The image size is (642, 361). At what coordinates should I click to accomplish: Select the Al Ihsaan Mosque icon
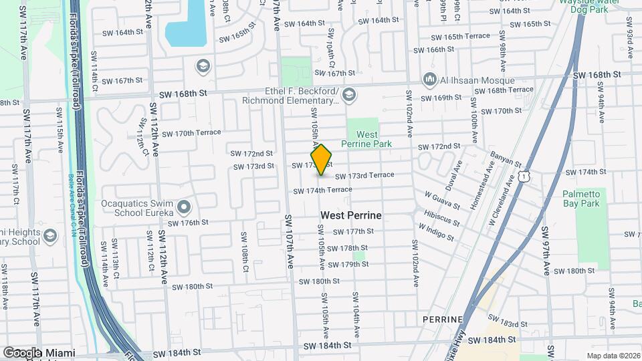click(430, 80)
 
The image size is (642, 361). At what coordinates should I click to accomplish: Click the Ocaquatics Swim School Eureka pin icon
click(185, 205)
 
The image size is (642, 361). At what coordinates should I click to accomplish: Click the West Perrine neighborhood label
click(351, 215)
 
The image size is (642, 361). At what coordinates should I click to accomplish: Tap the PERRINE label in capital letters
click(443, 320)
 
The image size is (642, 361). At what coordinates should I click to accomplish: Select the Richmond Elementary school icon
click(348, 96)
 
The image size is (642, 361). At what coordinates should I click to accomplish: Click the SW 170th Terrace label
click(191, 134)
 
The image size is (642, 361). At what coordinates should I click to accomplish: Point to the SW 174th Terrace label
click(322, 191)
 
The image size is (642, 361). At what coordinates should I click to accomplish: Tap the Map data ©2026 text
click(613, 356)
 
